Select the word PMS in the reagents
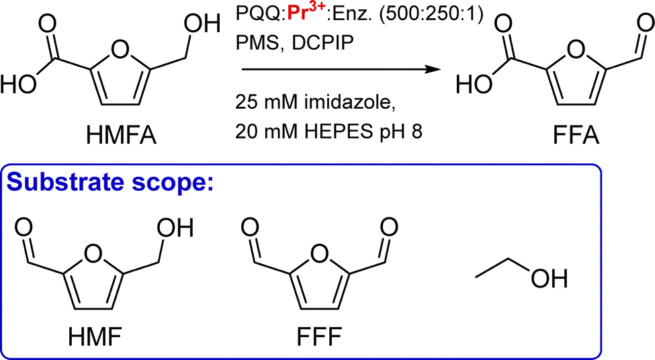(x=252, y=41)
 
